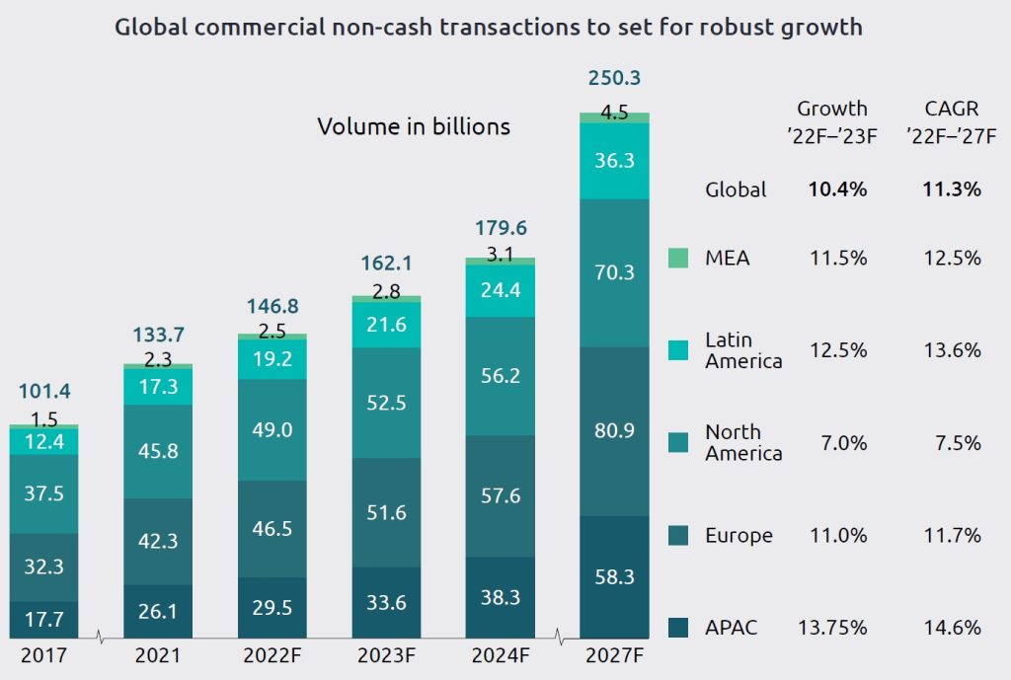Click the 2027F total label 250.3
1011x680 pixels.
(613, 78)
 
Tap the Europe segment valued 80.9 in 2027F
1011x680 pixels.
(614, 430)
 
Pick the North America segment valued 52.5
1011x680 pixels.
(386, 403)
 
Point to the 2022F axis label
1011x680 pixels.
(272, 654)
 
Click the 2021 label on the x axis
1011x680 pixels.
(158, 654)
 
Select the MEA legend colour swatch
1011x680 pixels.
(678, 259)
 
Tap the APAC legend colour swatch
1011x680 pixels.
(678, 628)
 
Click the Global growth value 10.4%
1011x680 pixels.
(832, 189)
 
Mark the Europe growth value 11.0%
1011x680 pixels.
(832, 536)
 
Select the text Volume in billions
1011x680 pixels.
(414, 126)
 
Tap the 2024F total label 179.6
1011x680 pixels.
(501, 228)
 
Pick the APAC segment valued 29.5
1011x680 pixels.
(272, 608)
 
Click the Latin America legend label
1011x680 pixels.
(743, 350)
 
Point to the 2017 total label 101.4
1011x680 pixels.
(43, 392)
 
